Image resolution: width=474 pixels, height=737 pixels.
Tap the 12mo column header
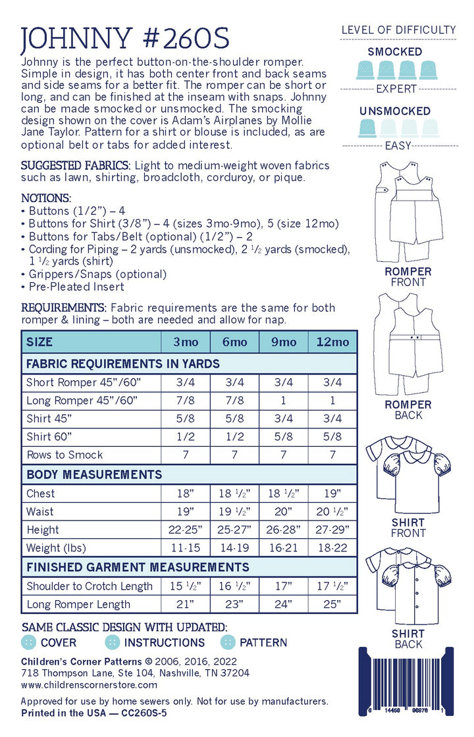[332, 342]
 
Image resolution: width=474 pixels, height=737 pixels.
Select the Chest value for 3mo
[186, 494]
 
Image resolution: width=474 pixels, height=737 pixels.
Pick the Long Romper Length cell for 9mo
[283, 604]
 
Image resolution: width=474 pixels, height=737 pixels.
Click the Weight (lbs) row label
[53, 548]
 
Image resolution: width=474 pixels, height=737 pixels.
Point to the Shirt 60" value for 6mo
[234, 436]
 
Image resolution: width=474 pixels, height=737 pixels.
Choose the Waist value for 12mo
[332, 512]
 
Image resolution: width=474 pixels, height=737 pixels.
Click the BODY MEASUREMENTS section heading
[93, 474]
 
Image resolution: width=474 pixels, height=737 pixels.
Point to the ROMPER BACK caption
[408, 409]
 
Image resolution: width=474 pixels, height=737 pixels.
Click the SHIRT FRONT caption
[408, 528]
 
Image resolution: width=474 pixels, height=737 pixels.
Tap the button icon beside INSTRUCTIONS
[113, 642]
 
